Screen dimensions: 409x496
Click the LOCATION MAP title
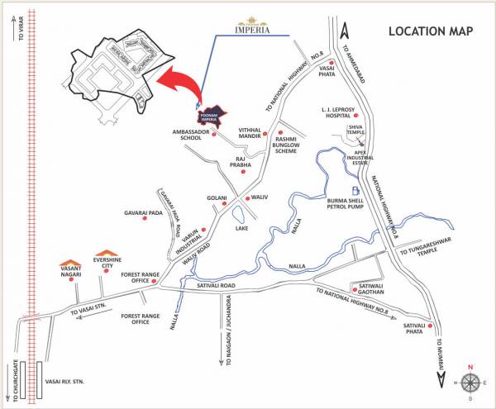click(x=432, y=31)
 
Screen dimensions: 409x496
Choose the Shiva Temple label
click(x=356, y=130)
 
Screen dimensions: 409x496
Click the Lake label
click(x=241, y=228)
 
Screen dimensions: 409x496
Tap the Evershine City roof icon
click(x=107, y=253)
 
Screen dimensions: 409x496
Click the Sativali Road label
click(x=217, y=285)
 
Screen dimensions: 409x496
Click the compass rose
click(x=470, y=382)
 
